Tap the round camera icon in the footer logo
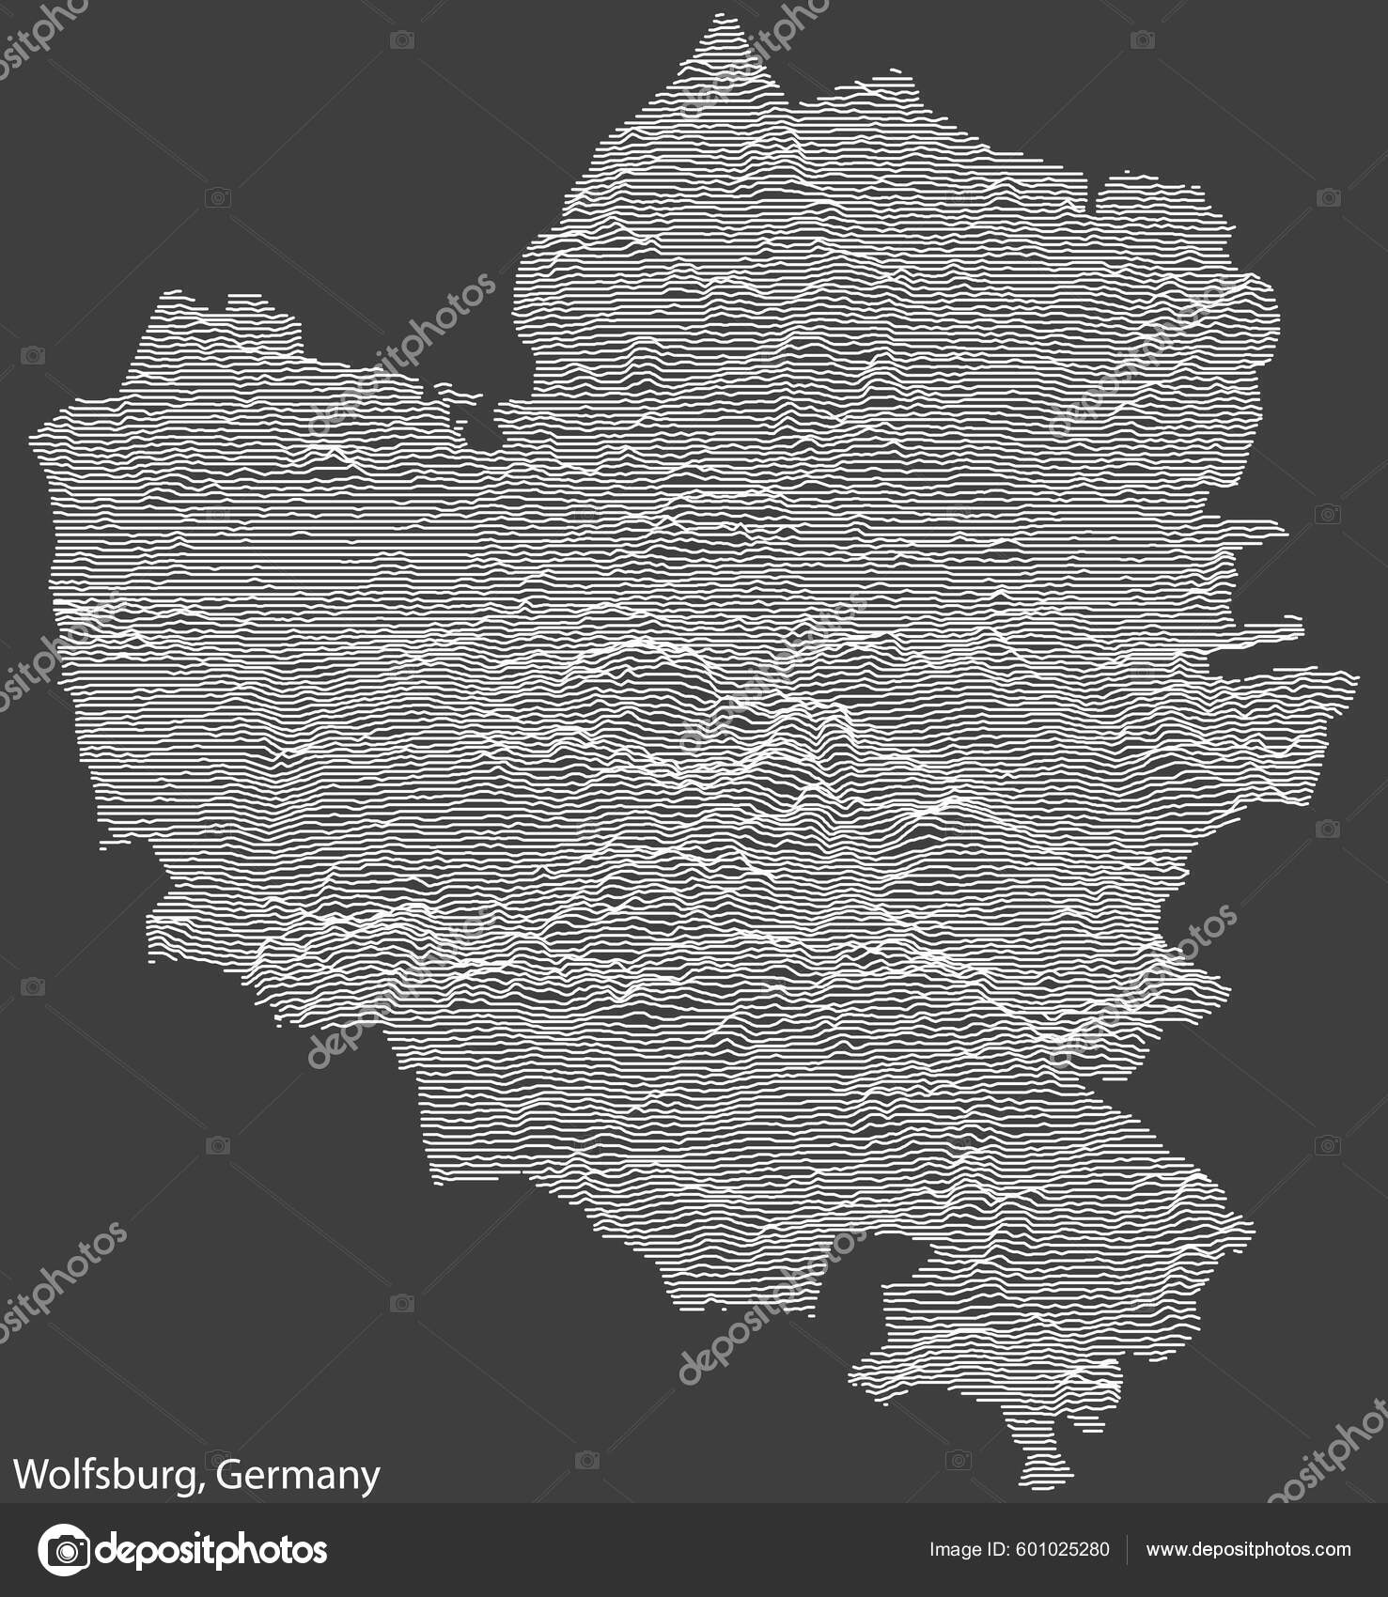click(x=63, y=1549)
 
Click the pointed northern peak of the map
click(x=723, y=19)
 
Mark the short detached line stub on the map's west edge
click(x=114, y=845)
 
